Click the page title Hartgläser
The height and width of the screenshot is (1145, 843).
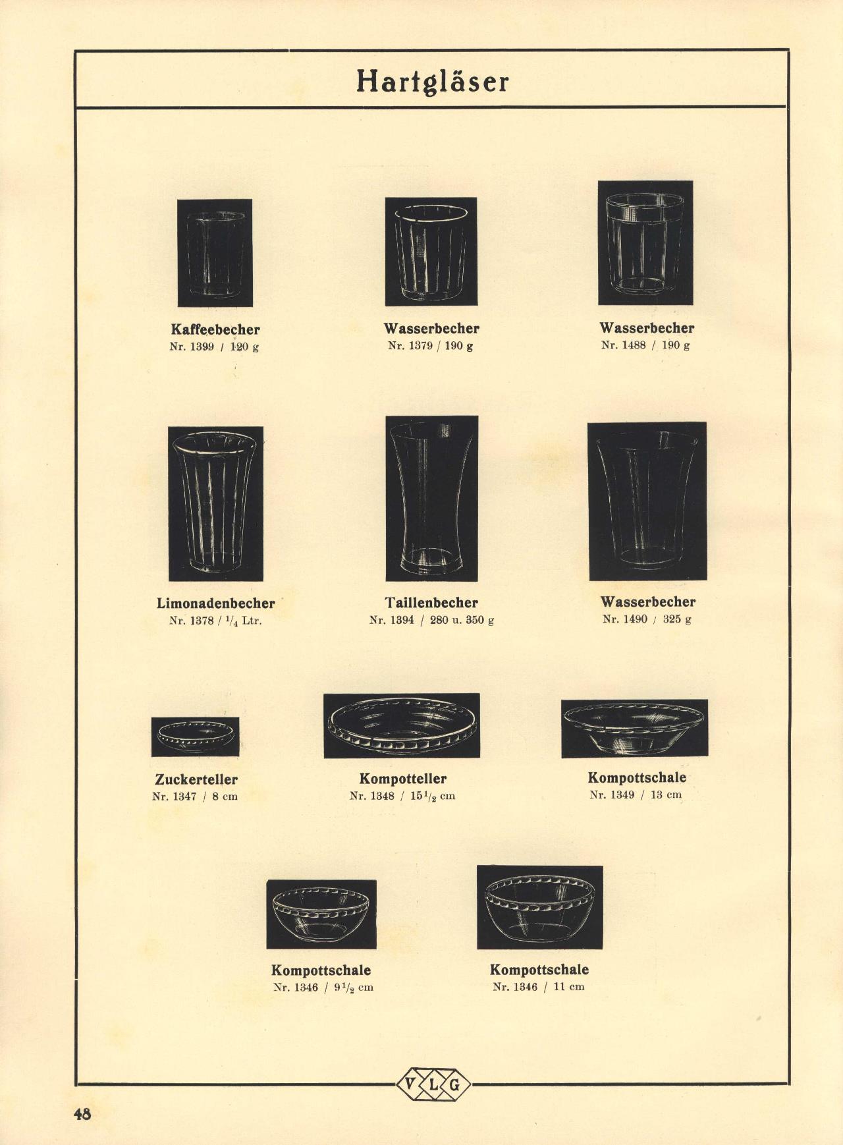[x=433, y=82]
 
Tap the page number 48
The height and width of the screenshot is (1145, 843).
[x=82, y=1114]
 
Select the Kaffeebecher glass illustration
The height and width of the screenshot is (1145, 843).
[x=215, y=253]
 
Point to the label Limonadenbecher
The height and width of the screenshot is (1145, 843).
[x=216, y=603]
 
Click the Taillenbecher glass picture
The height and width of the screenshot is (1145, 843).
[x=432, y=499]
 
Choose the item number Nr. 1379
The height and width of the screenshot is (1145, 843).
[x=410, y=346]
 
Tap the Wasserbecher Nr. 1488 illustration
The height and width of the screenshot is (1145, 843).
[x=645, y=242]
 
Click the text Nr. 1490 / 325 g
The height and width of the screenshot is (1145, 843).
[x=647, y=619]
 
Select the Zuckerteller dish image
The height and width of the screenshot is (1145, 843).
[x=195, y=737]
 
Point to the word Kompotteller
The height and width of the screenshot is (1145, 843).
[x=403, y=779]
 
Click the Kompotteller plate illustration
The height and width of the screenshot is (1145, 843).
[x=402, y=725]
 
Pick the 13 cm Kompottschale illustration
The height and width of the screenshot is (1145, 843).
[x=635, y=729]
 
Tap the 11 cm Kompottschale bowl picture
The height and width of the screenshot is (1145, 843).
[x=540, y=907]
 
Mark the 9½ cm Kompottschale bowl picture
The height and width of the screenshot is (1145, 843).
[x=321, y=914]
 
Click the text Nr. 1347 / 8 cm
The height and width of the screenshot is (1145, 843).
[x=195, y=796]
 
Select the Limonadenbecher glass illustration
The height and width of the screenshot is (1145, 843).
[x=216, y=504]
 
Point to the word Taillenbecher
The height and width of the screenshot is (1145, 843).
[x=431, y=602]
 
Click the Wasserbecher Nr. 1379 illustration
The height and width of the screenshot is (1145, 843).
[x=431, y=251]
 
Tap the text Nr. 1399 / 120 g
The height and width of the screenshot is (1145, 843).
[x=214, y=347]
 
